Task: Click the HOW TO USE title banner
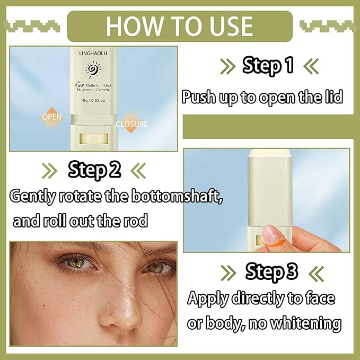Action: tap(180, 26)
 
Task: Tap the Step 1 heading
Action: tap(268, 66)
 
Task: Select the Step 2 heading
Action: tap(94, 170)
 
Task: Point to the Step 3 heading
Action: tap(271, 271)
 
